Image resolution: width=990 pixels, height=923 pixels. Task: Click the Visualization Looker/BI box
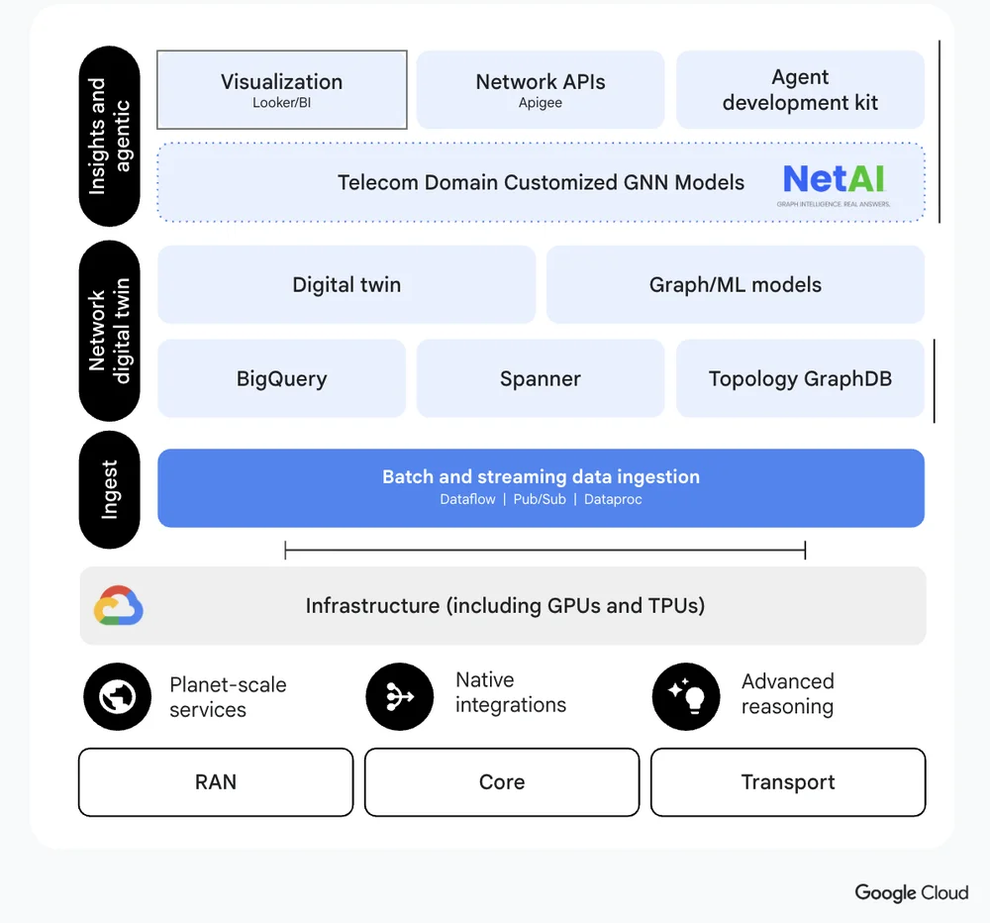click(x=282, y=89)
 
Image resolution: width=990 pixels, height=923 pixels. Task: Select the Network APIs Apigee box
click(x=540, y=89)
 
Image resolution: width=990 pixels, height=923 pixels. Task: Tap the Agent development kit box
click(x=800, y=89)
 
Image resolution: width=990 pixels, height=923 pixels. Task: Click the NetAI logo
click(x=835, y=183)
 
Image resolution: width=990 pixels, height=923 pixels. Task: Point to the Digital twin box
click(x=346, y=284)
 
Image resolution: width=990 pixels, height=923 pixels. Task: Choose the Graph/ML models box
click(x=735, y=284)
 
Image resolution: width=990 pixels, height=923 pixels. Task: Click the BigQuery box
click(x=281, y=378)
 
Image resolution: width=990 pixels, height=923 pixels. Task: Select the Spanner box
click(x=540, y=378)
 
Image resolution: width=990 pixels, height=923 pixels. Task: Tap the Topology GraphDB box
click(x=800, y=378)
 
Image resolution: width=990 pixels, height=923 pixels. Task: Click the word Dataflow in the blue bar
click(x=467, y=499)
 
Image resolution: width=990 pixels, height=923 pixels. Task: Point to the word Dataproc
click(x=613, y=499)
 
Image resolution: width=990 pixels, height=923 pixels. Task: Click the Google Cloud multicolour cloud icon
click(x=119, y=606)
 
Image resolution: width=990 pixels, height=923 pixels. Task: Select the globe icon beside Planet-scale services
click(x=118, y=697)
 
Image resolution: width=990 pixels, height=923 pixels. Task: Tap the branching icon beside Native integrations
click(x=400, y=697)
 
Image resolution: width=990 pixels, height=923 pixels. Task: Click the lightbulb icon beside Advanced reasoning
click(x=685, y=697)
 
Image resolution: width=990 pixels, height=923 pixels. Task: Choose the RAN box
click(x=216, y=782)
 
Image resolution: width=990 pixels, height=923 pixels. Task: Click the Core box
click(x=502, y=782)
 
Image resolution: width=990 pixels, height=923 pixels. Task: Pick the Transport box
click(x=788, y=782)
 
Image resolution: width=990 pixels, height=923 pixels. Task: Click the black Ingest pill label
click(x=110, y=489)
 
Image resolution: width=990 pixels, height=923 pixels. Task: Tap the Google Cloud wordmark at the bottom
click(x=911, y=892)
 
